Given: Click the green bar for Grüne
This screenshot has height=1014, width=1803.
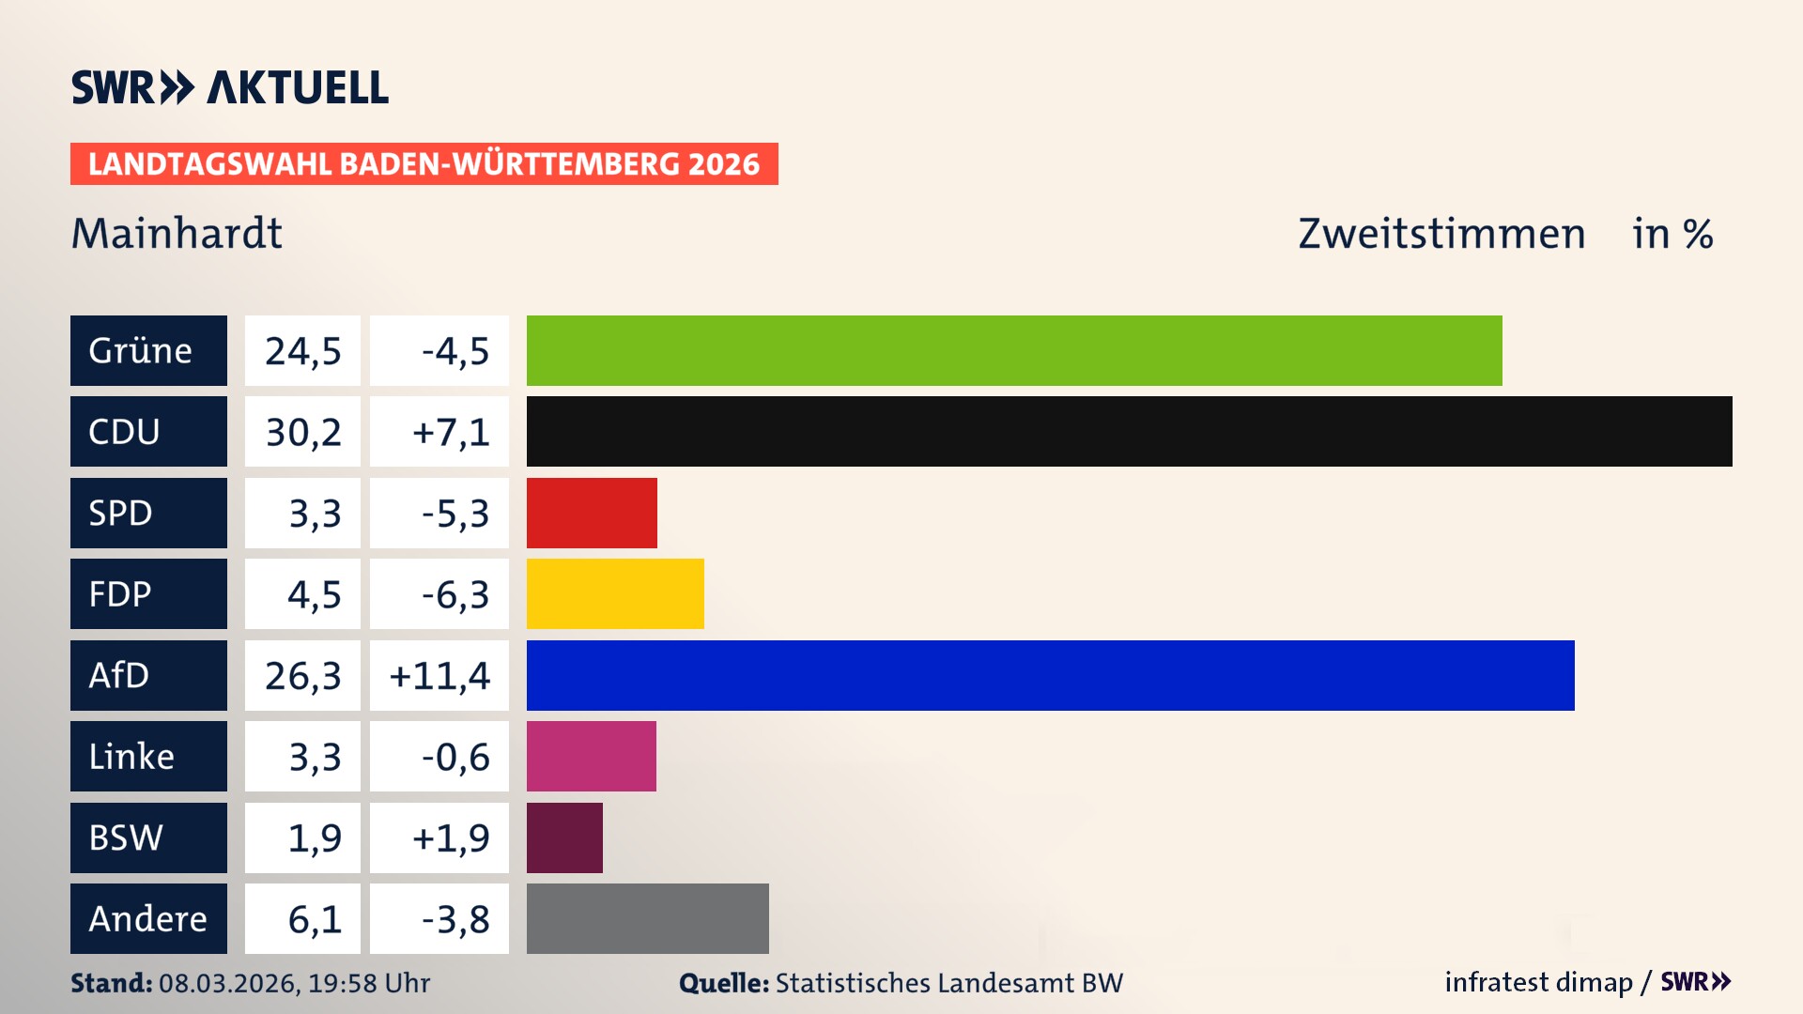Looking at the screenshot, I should [1014, 350].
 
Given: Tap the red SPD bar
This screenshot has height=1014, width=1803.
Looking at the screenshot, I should [592, 513].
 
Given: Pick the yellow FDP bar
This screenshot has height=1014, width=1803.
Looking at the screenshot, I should [615, 593].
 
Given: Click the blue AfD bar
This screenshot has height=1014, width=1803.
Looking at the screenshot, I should [1050, 675].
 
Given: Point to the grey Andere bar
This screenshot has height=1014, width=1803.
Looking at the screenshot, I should [647, 918].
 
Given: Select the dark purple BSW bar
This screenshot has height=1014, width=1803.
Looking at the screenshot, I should [564, 837].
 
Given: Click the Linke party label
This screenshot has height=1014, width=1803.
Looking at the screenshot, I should [148, 756].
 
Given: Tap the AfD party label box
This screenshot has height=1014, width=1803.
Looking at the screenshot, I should [148, 675].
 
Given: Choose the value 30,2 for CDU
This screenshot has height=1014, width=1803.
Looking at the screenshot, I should [302, 432].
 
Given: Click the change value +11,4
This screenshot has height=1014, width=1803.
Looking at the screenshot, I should [439, 676].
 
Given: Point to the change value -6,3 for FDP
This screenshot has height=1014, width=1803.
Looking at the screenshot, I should [455, 594].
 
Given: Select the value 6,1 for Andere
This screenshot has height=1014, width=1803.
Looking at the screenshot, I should [314, 919].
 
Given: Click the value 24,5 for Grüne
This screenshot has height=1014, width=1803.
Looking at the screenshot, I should [302, 351].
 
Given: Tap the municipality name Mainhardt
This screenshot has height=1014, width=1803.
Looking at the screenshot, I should [177, 233].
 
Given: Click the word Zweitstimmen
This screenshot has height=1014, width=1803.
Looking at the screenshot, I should [1441, 234].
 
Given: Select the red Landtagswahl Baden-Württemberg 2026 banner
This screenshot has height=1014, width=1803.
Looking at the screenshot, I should [424, 163].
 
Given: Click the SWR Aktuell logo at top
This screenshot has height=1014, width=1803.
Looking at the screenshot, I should [230, 87].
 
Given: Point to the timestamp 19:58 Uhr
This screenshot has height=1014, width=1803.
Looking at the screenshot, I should [369, 983].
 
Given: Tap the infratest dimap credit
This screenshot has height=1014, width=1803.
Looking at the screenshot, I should [1538, 982].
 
